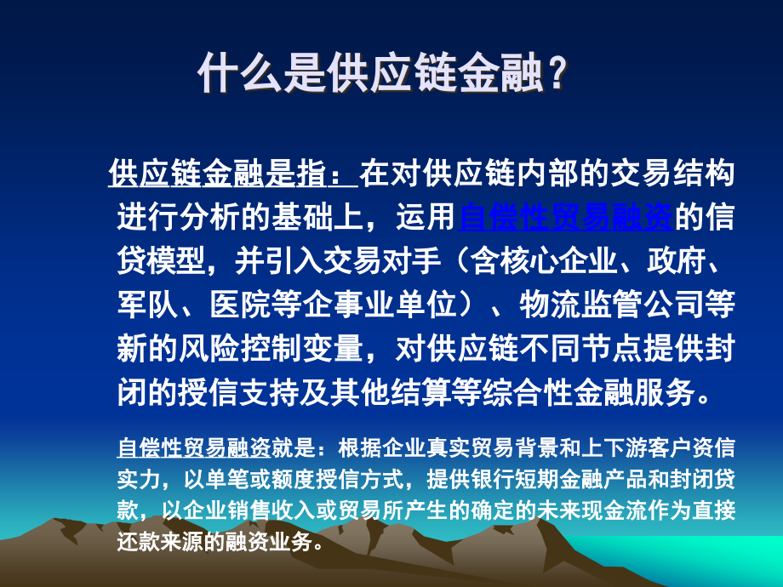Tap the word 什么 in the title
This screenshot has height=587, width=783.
click(x=241, y=73)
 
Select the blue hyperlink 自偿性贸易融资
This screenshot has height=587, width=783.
click(x=566, y=217)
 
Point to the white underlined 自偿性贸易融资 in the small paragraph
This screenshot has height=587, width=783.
click(x=194, y=447)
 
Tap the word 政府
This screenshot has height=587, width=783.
click(x=677, y=261)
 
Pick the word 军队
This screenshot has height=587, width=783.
click(x=147, y=305)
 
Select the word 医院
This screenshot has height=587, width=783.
click(x=240, y=305)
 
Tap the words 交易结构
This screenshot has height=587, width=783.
click(x=673, y=174)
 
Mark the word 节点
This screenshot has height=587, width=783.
click(x=611, y=348)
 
